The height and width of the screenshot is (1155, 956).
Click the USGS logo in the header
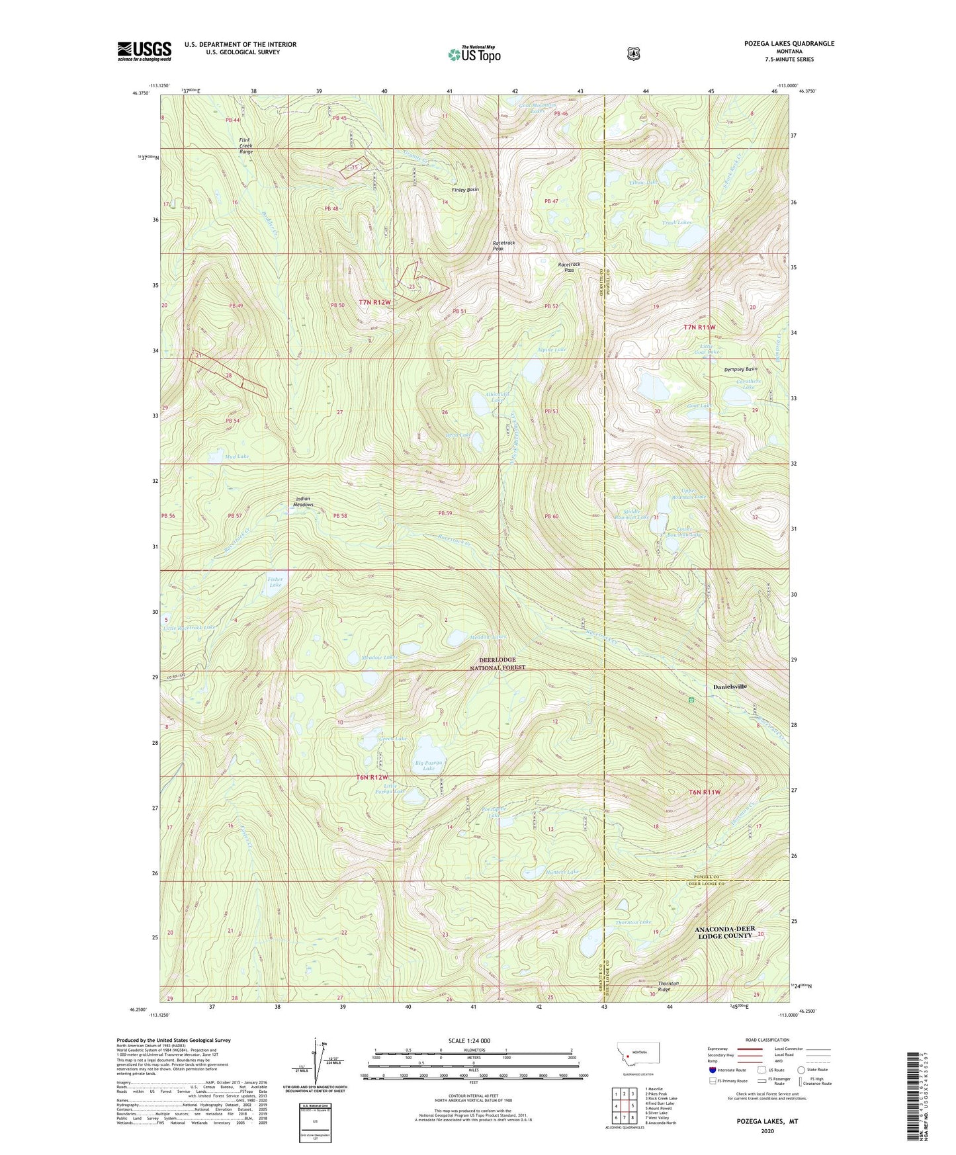click(x=144, y=51)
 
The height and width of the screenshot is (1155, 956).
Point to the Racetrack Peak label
click(x=503, y=245)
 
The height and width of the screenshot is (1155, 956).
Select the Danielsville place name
click(x=730, y=687)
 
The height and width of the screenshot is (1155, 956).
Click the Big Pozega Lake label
click(x=429, y=765)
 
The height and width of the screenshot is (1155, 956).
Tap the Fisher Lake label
click(x=275, y=582)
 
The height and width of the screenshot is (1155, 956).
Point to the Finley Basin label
click(x=465, y=190)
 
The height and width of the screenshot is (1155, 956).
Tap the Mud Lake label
click(x=236, y=456)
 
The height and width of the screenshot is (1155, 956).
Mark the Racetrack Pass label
click(x=569, y=267)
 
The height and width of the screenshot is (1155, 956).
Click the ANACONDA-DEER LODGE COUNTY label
click(x=724, y=932)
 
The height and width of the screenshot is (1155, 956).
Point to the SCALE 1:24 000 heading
click(x=469, y=1041)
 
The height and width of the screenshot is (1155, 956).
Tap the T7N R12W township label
click(x=374, y=302)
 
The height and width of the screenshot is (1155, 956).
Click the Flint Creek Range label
click(x=246, y=146)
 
